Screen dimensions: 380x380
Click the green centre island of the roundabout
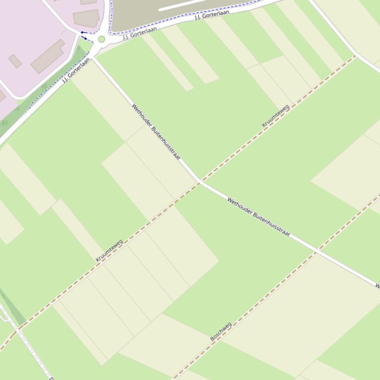pyautogui.click(x=101, y=39)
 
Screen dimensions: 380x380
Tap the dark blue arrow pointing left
pyautogui.click(x=84, y=33)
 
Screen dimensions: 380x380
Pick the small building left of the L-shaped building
pyautogui.click(x=15, y=61)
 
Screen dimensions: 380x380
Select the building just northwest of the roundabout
pyautogui.click(x=86, y=18)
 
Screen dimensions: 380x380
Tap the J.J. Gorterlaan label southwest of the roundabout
pyautogui.click(x=76, y=70)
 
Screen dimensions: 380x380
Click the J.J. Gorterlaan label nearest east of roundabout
pyautogui.click(x=140, y=33)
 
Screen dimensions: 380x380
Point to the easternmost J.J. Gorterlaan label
pyautogui.click(x=212, y=15)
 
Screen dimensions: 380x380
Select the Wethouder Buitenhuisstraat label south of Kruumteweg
pyautogui.click(x=258, y=216)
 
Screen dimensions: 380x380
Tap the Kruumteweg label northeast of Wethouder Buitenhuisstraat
pyautogui.click(x=275, y=116)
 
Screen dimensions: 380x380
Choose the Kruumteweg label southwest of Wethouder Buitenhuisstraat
pyautogui.click(x=109, y=250)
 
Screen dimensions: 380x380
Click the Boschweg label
pyautogui.click(x=221, y=332)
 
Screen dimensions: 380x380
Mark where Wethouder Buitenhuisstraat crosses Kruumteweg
pyautogui.click(x=200, y=182)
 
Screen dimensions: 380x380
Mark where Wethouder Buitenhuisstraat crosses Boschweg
pyautogui.click(x=315, y=252)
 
